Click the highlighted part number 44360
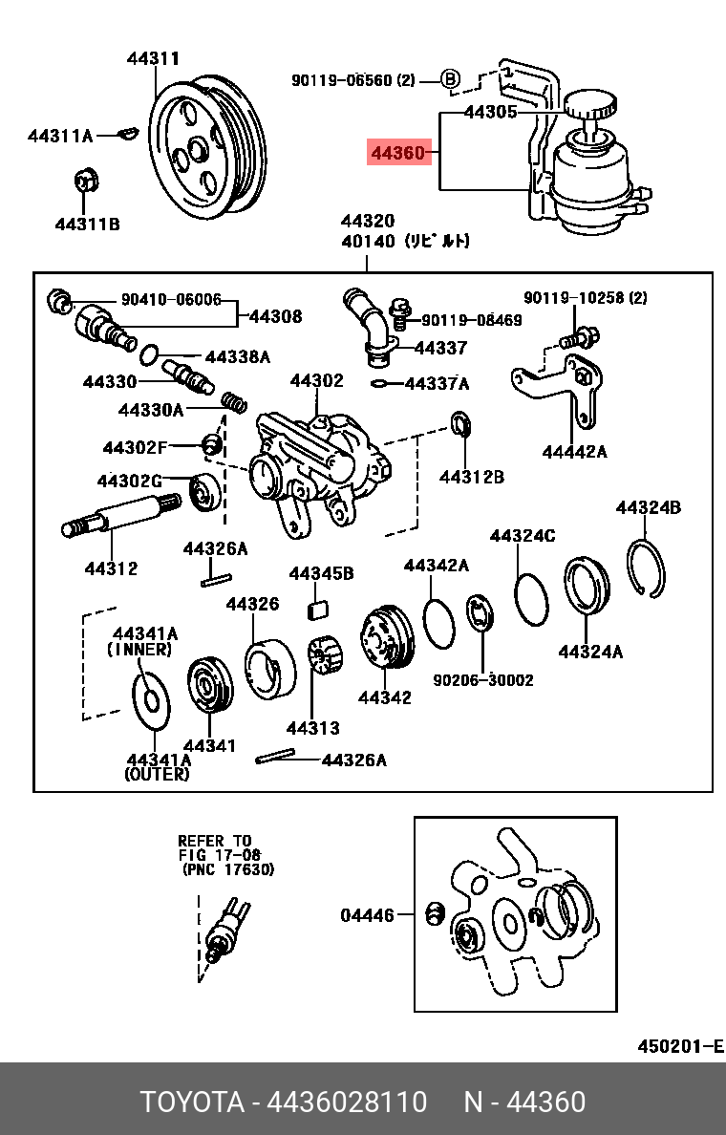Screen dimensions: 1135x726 [398, 153]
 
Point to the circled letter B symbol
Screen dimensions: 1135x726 [451, 80]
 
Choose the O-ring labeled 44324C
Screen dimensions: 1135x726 [531, 597]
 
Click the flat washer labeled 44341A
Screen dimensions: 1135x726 [148, 696]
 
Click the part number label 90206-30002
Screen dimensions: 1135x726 [483, 680]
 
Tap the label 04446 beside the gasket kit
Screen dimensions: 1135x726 [367, 915]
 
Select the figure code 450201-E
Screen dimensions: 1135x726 [680, 1045]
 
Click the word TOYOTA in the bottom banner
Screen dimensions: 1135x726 [192, 1102]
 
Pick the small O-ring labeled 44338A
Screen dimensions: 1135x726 [149, 355]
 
